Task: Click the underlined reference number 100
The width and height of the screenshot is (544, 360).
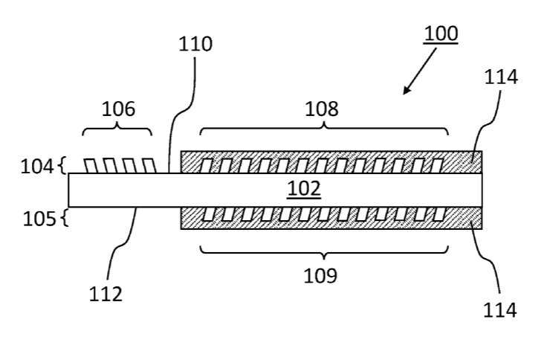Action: (441, 33)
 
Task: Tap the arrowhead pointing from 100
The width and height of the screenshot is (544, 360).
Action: (407, 90)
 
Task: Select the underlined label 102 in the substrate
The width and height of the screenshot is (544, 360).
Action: (304, 188)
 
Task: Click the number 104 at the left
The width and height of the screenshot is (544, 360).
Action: (37, 167)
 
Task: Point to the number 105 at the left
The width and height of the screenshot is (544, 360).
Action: (39, 219)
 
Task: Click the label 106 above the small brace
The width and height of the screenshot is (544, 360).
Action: (118, 109)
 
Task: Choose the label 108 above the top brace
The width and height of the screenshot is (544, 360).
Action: (321, 109)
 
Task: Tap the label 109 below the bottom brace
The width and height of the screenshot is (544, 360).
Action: (320, 276)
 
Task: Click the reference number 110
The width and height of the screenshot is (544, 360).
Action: (195, 45)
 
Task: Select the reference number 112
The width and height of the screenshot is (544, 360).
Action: (106, 295)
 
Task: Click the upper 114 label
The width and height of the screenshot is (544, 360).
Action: (501, 77)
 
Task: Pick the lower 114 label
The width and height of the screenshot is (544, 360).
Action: (500, 310)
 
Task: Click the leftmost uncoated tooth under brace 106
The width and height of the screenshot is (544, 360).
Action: (91, 166)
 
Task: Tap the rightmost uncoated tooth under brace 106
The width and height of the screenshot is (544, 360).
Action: (149, 166)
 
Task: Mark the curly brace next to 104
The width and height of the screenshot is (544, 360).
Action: (63, 165)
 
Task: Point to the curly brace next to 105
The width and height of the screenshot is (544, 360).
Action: (65, 219)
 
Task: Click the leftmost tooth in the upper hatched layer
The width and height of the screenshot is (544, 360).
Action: (205, 166)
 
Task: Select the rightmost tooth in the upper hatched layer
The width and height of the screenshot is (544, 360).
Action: (438, 166)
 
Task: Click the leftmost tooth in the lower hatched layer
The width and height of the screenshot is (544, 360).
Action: (208, 214)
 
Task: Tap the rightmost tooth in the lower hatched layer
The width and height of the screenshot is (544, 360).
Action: (439, 214)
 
